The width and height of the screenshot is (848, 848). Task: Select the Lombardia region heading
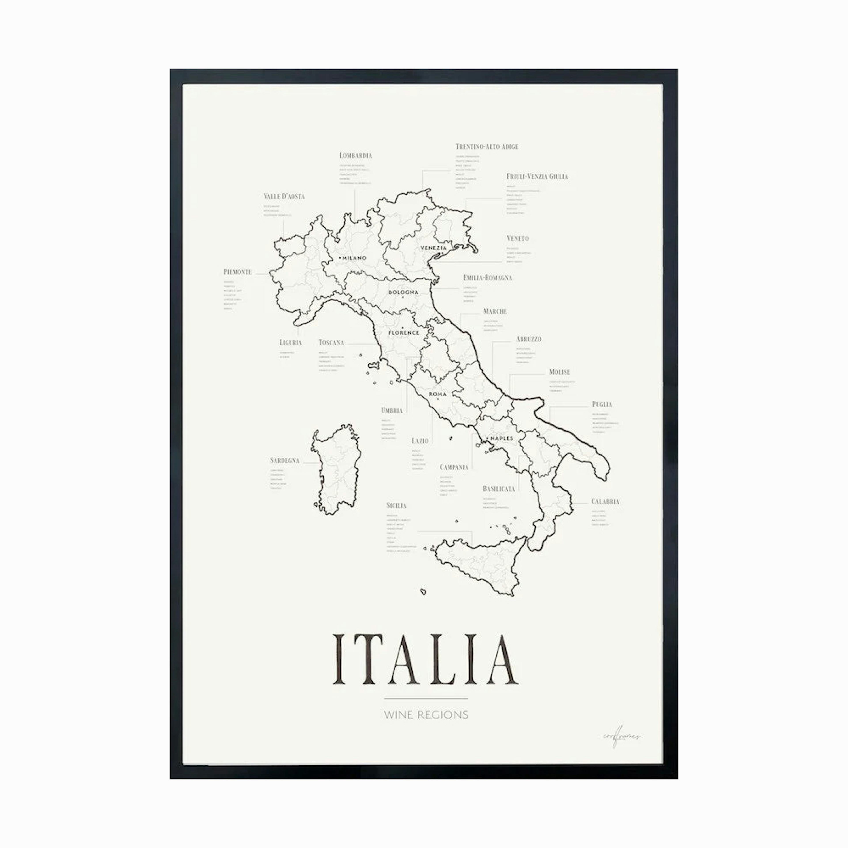tap(356, 155)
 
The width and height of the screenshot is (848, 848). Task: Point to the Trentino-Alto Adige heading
tap(487, 147)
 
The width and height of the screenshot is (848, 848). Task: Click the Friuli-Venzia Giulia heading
tap(537, 176)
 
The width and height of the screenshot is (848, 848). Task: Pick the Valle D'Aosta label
tap(284, 196)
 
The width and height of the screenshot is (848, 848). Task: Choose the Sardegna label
tap(284, 460)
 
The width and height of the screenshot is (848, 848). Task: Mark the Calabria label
tap(605, 501)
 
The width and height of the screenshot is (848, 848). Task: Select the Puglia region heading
tap(602, 404)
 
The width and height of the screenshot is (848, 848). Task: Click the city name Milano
tap(354, 258)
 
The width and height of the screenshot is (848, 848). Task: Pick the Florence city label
tap(404, 333)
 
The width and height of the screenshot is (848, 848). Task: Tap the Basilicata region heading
tap(499, 488)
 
